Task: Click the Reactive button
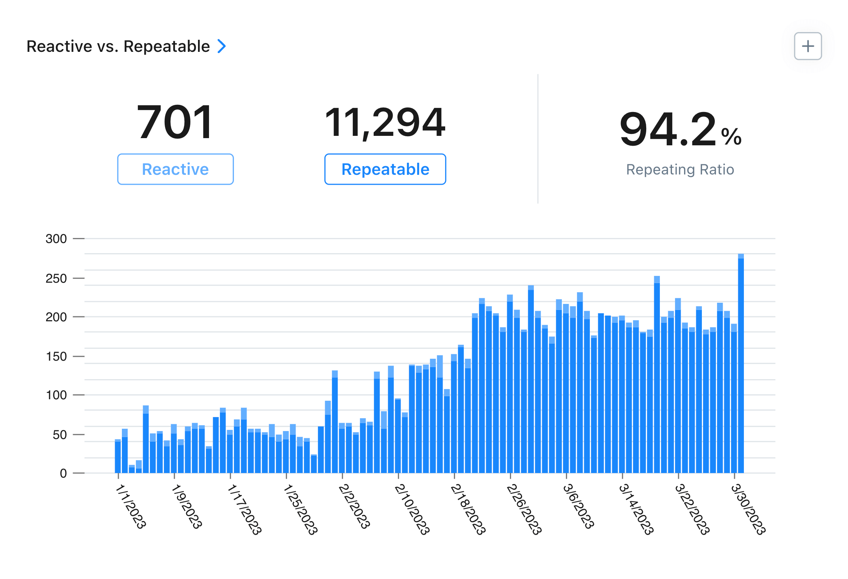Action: (x=175, y=169)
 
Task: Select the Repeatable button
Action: (x=385, y=169)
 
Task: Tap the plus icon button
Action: (x=807, y=46)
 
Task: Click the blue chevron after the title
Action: (x=222, y=46)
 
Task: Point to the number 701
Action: (x=175, y=122)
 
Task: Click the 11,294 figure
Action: (x=385, y=122)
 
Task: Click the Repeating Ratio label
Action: (x=680, y=170)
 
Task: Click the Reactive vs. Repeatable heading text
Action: (x=118, y=47)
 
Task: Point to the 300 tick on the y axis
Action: (x=56, y=239)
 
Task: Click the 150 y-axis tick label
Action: (x=56, y=356)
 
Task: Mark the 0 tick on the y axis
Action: (x=63, y=473)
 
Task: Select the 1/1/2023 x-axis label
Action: (x=131, y=506)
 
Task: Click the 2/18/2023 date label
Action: (x=468, y=509)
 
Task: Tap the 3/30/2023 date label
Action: (x=748, y=509)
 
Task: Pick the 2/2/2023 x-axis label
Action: (x=354, y=506)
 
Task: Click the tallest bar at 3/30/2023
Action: (x=741, y=363)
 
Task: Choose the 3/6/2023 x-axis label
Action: (x=578, y=506)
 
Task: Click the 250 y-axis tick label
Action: (x=56, y=279)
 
